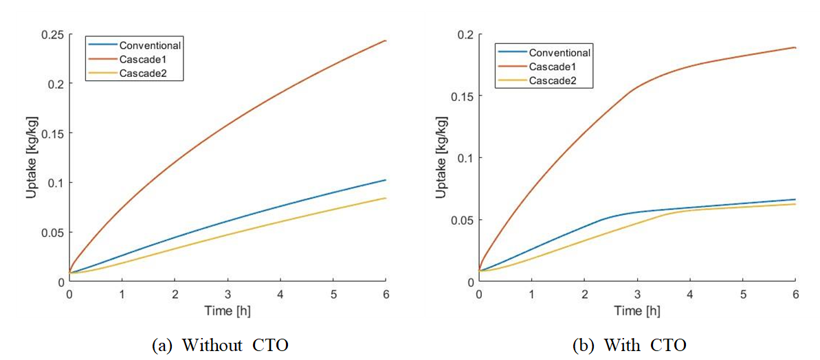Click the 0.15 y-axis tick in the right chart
(x=461, y=96)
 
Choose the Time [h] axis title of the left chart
(x=228, y=311)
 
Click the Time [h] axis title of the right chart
(x=637, y=311)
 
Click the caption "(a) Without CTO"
(x=220, y=345)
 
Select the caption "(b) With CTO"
(x=629, y=345)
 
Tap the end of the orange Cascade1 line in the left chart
(x=386, y=41)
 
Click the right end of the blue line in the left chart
(x=386, y=180)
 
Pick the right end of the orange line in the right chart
(x=795, y=47)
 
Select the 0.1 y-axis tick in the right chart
(x=466, y=158)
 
